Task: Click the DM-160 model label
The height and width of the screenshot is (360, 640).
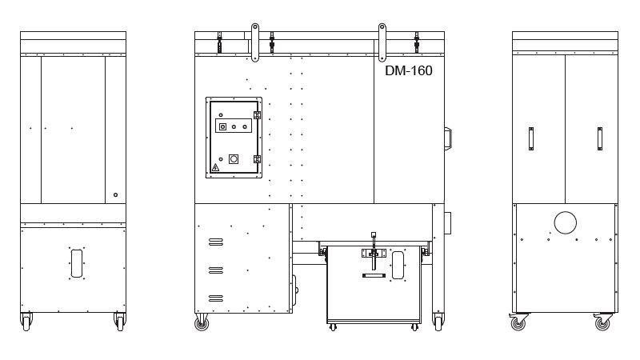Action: [409, 70]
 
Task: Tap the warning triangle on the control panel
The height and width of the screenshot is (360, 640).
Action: [215, 167]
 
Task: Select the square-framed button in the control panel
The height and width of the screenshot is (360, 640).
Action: [223, 126]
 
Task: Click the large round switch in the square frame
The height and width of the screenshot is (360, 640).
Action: [234, 158]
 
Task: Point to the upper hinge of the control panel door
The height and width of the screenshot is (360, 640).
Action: [257, 115]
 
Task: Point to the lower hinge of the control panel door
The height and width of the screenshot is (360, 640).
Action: [257, 159]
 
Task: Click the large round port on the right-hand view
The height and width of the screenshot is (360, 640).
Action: [566, 223]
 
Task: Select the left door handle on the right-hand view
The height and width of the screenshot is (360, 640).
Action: [531, 138]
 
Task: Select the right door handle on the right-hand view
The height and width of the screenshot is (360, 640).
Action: [599, 138]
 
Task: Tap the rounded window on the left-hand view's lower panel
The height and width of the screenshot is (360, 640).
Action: [77, 263]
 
